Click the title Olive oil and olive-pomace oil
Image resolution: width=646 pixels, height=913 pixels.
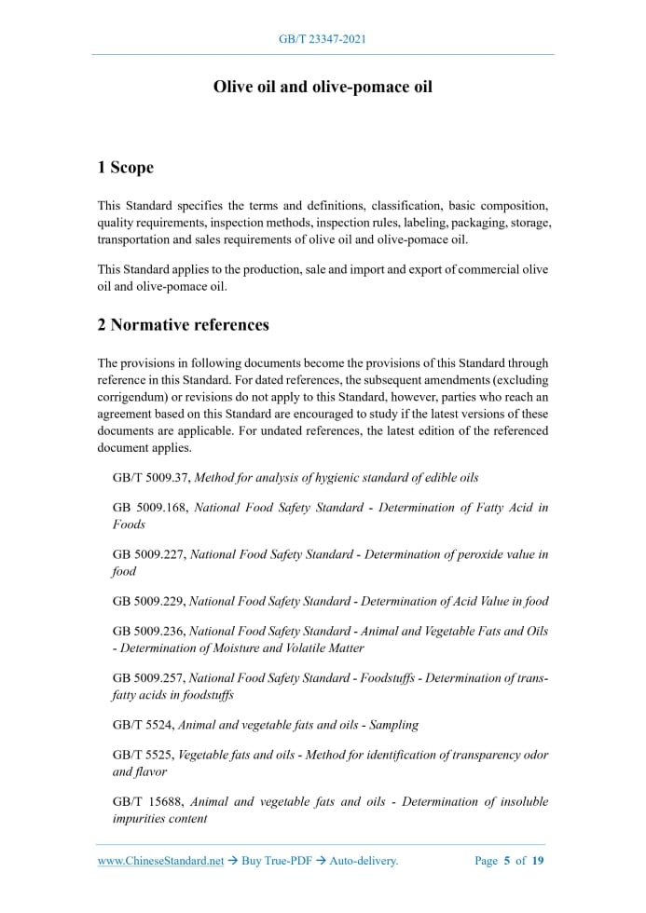(323, 87)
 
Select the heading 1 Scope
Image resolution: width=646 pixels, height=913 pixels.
(125, 168)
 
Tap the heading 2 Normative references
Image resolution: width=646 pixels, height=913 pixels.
(183, 325)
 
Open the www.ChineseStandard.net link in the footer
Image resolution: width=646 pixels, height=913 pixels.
(160, 861)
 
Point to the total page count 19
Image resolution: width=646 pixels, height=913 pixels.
(538, 861)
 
